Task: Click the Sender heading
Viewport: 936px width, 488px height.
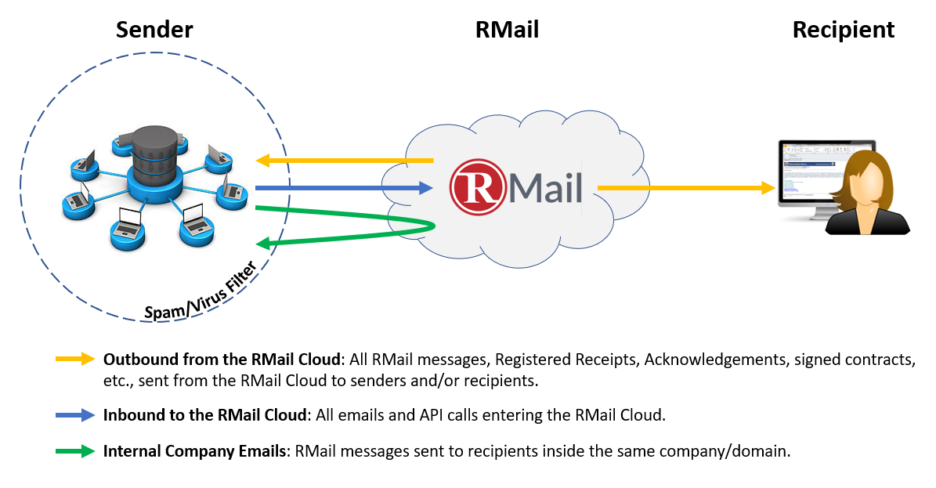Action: point(154,29)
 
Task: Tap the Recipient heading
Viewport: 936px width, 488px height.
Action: point(843,30)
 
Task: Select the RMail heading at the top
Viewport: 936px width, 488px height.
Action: point(507,29)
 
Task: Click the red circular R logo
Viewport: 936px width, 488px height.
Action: point(478,187)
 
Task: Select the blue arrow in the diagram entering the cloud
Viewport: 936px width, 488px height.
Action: point(344,188)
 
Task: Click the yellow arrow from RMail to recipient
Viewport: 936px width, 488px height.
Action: point(686,188)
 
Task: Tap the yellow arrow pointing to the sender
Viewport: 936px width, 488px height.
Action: point(344,160)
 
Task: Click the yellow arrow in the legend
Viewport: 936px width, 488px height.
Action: point(75,359)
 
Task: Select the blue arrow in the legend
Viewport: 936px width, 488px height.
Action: point(75,415)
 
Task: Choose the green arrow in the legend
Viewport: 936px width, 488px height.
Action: point(75,451)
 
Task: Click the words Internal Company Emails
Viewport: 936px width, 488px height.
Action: point(194,451)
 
